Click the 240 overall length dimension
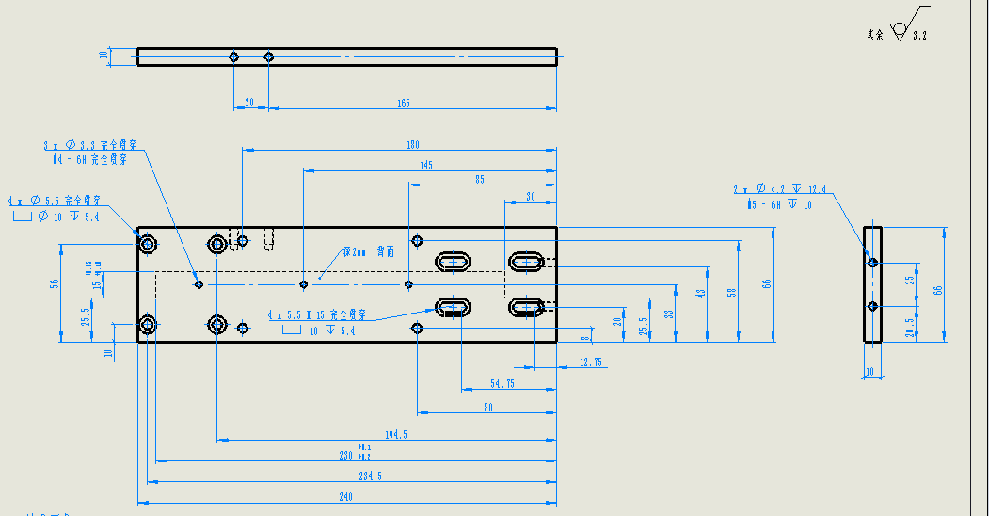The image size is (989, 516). coord(344,497)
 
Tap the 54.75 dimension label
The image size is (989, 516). coord(502,383)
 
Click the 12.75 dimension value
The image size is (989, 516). coord(591,363)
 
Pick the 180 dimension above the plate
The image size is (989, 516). coord(412,145)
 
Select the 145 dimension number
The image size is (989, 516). coord(426,165)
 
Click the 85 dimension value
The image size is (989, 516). coord(480,180)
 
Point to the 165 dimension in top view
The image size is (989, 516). coord(403,104)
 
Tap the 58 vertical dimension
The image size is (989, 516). coord(732,293)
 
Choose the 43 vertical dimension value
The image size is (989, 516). coord(700,294)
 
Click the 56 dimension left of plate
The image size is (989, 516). coord(55,282)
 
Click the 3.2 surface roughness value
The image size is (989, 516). coord(919,35)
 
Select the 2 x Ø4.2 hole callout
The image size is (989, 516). coord(779,189)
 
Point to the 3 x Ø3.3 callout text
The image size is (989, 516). coord(90,146)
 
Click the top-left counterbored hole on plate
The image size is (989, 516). coord(149,245)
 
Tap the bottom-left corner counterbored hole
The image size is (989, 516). coord(148,326)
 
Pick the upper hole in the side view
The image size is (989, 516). coord(873,262)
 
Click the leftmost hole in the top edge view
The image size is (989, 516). coord(234,57)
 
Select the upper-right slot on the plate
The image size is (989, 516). coord(527,260)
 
